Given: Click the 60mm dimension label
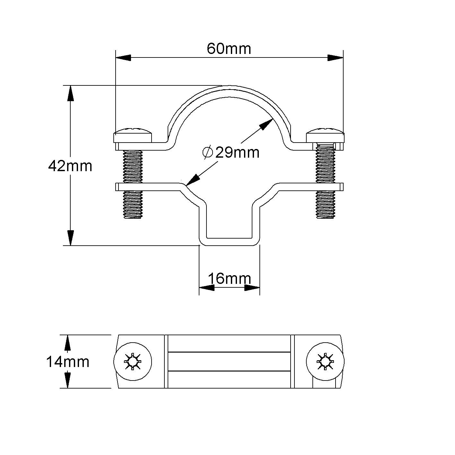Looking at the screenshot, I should click(x=229, y=49).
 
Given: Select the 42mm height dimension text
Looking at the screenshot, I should click(x=70, y=166).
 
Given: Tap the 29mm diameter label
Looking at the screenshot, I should click(x=237, y=153).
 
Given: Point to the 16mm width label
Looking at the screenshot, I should click(x=229, y=278).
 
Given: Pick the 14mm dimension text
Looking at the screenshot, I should click(x=68, y=362).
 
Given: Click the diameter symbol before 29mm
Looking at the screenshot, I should click(x=208, y=152).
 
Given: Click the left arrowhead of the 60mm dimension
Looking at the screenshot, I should click(x=123, y=58).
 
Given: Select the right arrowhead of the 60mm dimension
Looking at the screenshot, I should click(x=335, y=58).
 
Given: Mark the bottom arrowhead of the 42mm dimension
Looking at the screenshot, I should click(x=71, y=238).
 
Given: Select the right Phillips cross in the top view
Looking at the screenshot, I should click(x=325, y=362).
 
